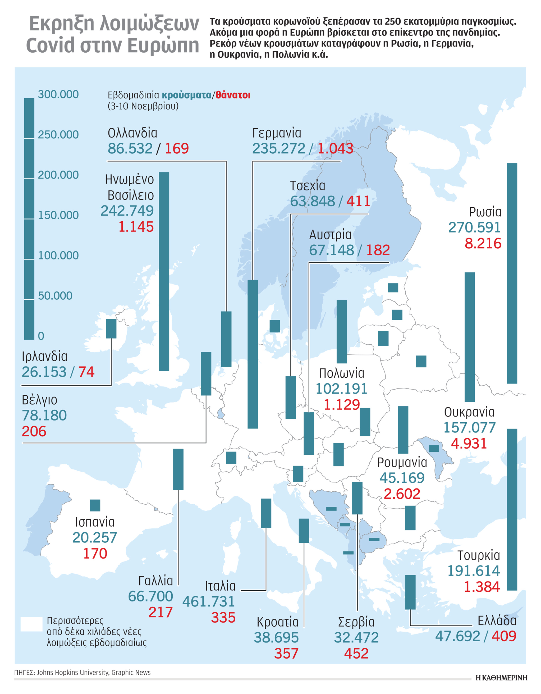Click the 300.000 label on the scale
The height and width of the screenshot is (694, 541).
pyautogui.click(x=58, y=94)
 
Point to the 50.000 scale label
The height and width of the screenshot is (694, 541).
pyautogui.click(x=55, y=296)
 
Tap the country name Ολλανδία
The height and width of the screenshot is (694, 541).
pyautogui.click(x=132, y=133)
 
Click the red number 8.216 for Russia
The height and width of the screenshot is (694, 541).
pyautogui.click(x=483, y=243)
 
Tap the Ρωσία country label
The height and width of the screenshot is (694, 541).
pyautogui.click(x=485, y=212)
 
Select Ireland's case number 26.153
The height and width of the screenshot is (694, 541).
pyautogui.click(x=44, y=372)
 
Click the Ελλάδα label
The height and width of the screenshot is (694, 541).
pyautogui.click(x=497, y=620)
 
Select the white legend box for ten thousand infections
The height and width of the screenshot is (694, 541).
pyautogui.click(x=31, y=624)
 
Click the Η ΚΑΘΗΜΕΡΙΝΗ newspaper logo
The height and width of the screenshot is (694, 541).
pyautogui.click(x=501, y=678)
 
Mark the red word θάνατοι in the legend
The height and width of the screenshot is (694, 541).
pyautogui.click(x=233, y=95)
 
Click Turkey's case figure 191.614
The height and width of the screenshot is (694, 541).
pyautogui.click(x=473, y=571)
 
